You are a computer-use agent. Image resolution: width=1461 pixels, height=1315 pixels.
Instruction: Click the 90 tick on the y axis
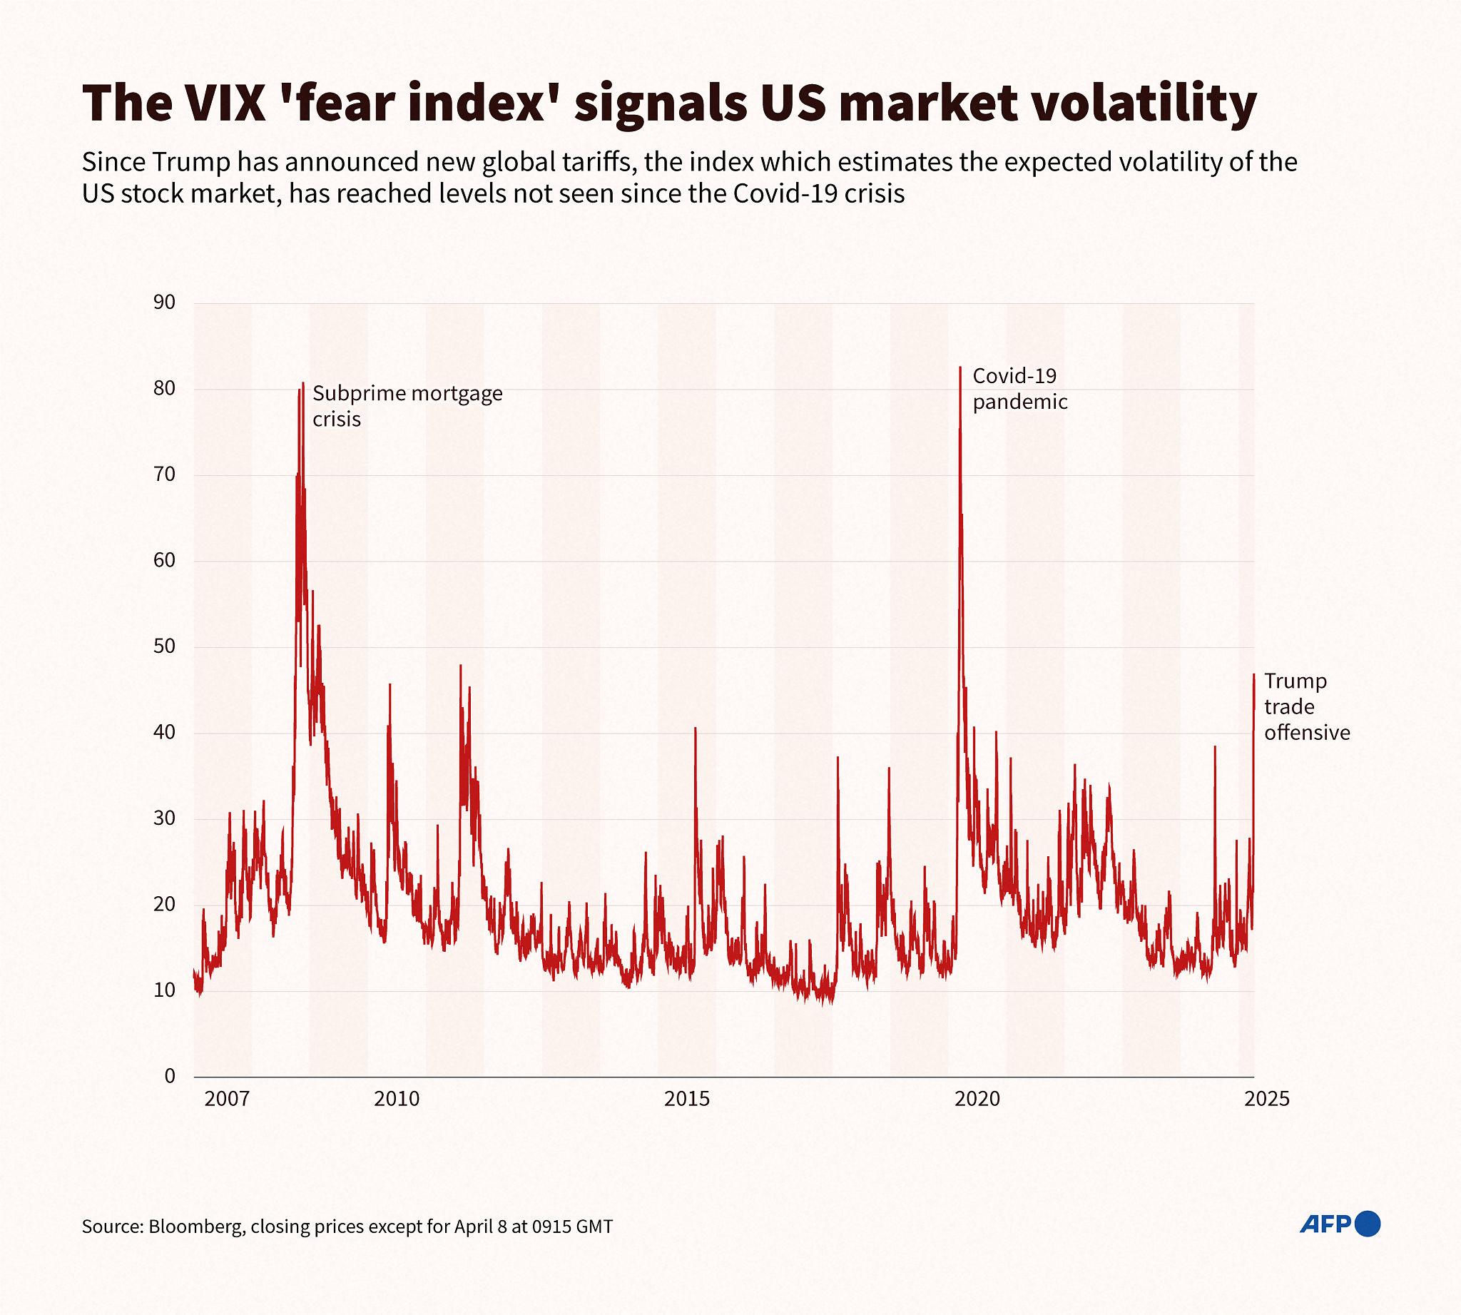[x=165, y=303]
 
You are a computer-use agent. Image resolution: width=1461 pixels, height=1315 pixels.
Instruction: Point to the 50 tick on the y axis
[x=165, y=646]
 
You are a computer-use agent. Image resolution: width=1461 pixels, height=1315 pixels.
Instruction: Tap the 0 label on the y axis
[x=170, y=1077]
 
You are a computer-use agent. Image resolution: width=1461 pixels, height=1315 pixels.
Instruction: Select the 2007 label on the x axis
[x=227, y=1099]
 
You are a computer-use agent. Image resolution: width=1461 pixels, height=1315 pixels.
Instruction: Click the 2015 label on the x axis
[x=687, y=1099]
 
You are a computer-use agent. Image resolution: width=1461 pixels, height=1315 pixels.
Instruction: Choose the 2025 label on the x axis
[x=1268, y=1099]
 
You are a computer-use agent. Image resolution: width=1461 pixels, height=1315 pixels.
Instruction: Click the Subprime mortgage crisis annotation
[x=407, y=406]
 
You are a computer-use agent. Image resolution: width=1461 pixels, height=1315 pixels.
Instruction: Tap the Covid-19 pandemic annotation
[x=1019, y=389]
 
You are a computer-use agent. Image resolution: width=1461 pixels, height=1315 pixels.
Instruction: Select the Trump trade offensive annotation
[x=1306, y=706]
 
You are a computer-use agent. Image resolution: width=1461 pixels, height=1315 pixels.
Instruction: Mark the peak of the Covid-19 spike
[x=959, y=367]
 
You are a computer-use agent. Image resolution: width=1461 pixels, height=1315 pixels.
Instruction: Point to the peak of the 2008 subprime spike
[x=302, y=383]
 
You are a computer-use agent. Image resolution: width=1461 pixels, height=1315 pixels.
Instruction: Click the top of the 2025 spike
[x=1253, y=675]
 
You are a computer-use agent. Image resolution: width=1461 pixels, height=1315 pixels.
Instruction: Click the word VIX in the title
[x=225, y=106]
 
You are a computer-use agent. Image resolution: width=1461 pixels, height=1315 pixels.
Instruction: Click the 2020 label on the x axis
[x=977, y=1099]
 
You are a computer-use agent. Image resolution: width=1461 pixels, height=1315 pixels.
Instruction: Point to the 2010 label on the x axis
[x=396, y=1099]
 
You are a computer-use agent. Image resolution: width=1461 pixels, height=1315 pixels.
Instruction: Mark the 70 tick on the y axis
[x=165, y=474]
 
